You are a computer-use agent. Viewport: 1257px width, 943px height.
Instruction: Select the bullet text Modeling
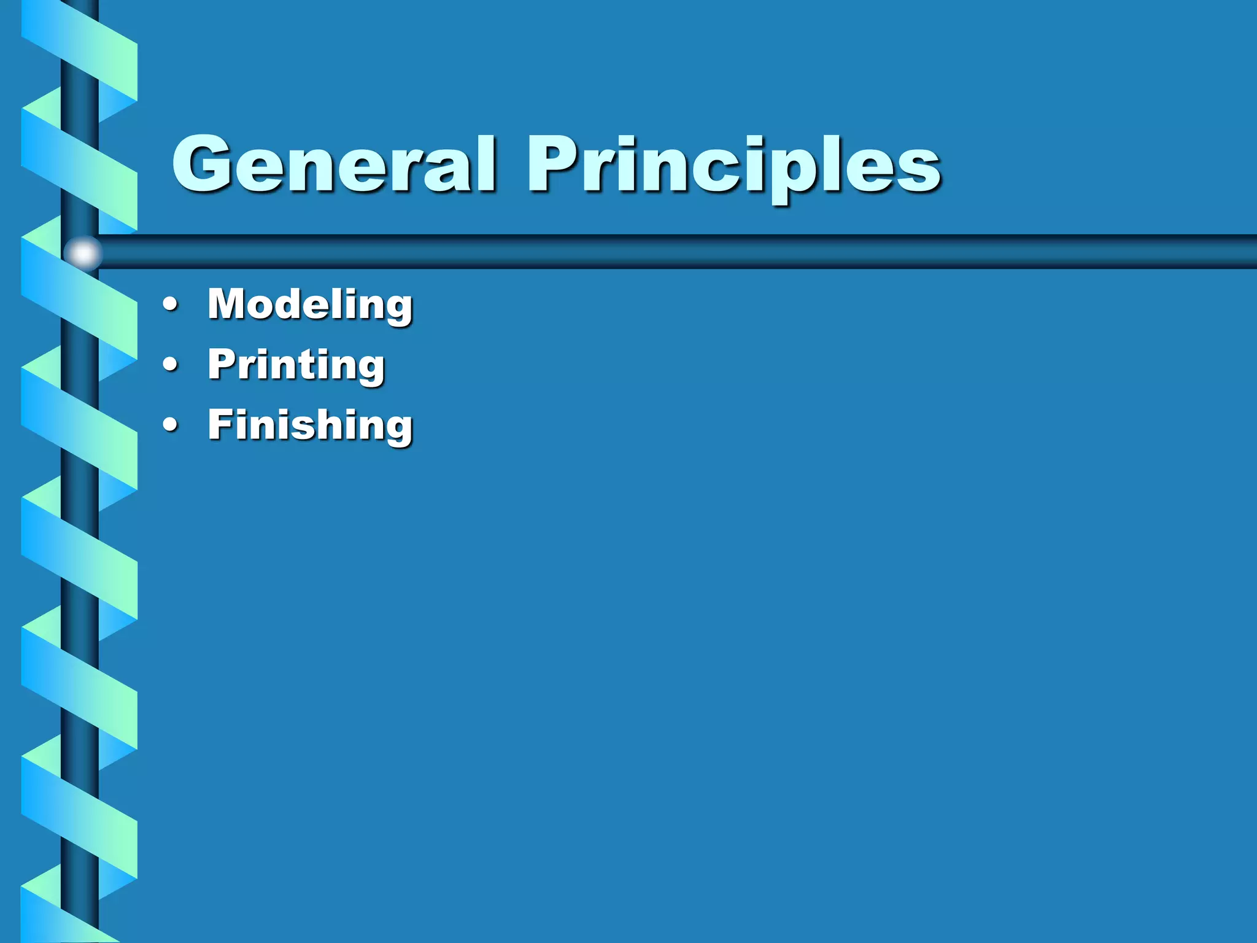(x=310, y=305)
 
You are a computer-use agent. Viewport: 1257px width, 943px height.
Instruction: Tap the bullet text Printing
(x=296, y=365)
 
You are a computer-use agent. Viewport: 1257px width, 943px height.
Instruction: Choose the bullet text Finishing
(x=310, y=425)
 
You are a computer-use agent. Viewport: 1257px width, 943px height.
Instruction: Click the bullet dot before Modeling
(x=171, y=305)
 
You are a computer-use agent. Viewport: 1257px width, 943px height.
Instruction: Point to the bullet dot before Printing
(x=171, y=365)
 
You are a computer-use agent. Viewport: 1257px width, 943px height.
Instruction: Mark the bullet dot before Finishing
(x=171, y=425)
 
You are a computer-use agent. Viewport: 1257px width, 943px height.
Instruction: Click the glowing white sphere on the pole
(x=83, y=253)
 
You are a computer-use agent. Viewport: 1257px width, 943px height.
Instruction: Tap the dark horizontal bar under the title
(x=675, y=252)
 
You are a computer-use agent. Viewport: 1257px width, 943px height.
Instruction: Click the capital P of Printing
(x=222, y=363)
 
